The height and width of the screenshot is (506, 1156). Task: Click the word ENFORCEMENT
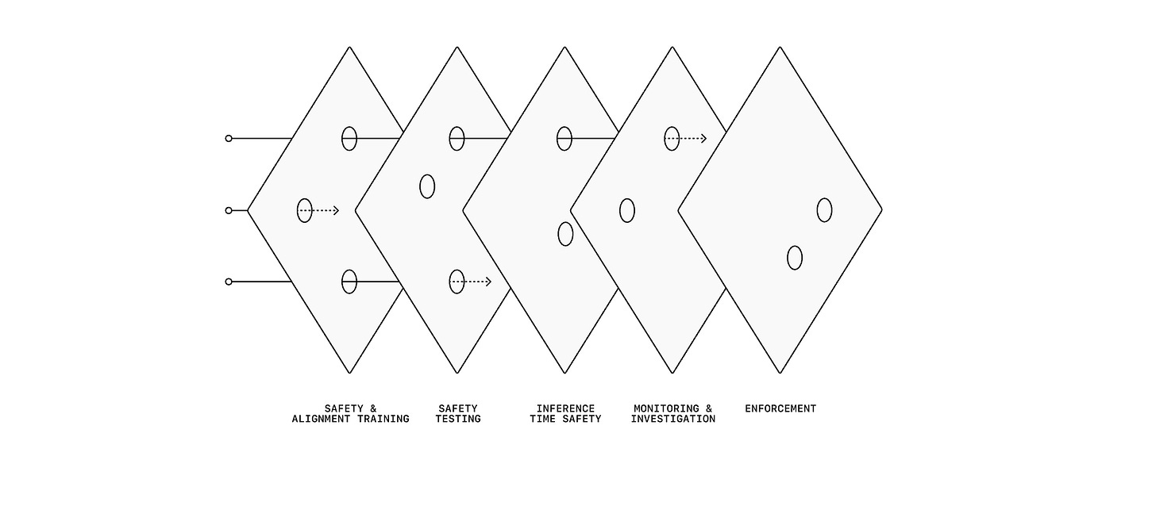(x=780, y=408)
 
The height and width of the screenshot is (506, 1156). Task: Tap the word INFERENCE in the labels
(x=565, y=408)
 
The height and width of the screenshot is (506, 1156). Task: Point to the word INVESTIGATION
(x=672, y=419)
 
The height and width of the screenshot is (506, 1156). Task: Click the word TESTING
(x=458, y=419)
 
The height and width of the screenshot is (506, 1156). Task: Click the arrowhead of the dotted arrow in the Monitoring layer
(x=703, y=139)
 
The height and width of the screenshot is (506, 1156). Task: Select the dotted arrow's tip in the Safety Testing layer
(x=488, y=282)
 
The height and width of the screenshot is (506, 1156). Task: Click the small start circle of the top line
(x=229, y=139)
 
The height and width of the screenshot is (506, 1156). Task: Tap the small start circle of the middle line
(x=229, y=210)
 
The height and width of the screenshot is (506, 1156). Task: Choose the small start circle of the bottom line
(x=229, y=282)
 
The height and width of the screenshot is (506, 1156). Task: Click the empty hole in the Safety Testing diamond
(x=427, y=186)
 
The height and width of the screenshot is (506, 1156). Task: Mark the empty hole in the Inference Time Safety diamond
(x=565, y=234)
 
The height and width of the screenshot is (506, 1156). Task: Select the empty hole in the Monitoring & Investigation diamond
(x=627, y=210)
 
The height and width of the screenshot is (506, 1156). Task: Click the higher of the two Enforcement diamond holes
(x=824, y=210)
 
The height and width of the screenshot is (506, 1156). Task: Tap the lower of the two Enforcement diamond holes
(x=795, y=258)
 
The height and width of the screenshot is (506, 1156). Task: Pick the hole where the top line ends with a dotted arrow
(x=672, y=139)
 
